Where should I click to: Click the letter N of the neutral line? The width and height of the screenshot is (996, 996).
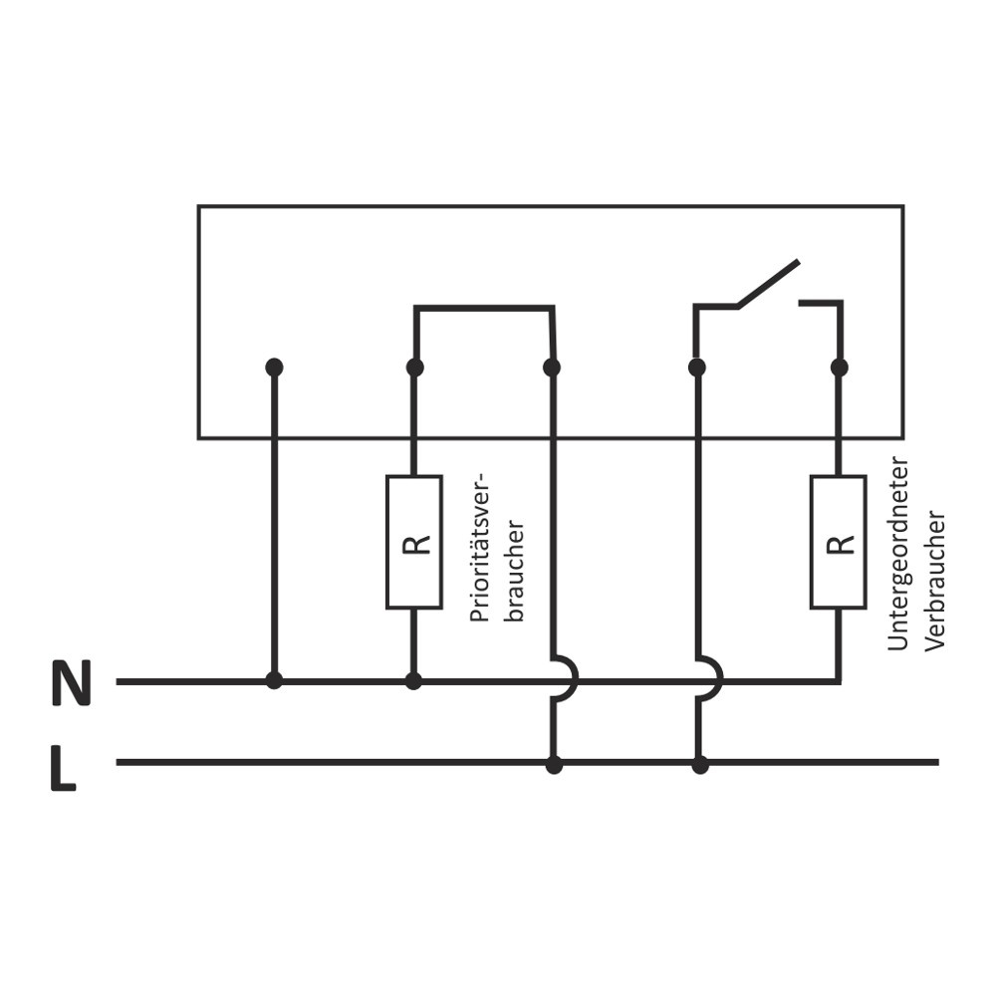pyautogui.click(x=71, y=683)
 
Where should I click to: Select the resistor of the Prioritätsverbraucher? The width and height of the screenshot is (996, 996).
pyautogui.click(x=414, y=542)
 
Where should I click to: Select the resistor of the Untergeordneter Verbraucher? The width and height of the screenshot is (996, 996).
pyautogui.click(x=838, y=542)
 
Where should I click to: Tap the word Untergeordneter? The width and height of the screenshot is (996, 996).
pyautogui.click(x=898, y=554)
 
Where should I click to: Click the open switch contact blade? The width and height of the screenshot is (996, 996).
pyautogui.click(x=768, y=283)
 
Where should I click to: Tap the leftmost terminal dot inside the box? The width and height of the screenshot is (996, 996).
pyautogui.click(x=274, y=368)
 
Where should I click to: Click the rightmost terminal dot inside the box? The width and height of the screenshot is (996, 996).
pyautogui.click(x=839, y=368)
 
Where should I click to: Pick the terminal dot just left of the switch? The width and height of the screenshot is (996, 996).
pyautogui.click(x=697, y=368)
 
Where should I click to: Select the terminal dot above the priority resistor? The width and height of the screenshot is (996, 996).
pyautogui.click(x=415, y=368)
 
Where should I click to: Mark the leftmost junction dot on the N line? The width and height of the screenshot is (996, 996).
pyautogui.click(x=274, y=681)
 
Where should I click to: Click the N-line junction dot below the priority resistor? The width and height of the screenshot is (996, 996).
pyautogui.click(x=414, y=681)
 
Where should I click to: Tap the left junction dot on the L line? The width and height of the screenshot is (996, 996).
pyautogui.click(x=554, y=765)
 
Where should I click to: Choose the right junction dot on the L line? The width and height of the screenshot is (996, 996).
pyautogui.click(x=700, y=765)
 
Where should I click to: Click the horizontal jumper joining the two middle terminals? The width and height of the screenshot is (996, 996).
pyautogui.click(x=484, y=308)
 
